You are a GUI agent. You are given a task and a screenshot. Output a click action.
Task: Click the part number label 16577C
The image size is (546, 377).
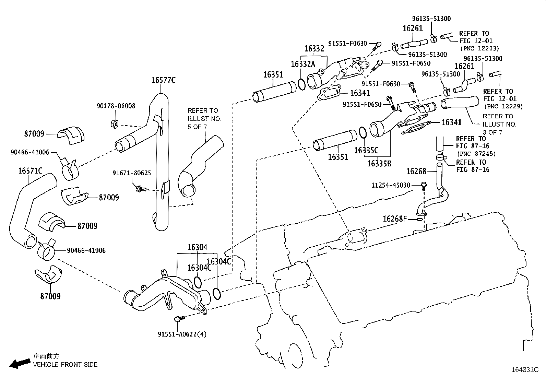click(x=163, y=80)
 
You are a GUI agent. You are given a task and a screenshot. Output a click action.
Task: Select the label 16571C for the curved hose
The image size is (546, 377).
click(x=30, y=170)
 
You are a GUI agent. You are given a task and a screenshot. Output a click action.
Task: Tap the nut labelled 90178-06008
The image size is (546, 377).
click(x=115, y=123)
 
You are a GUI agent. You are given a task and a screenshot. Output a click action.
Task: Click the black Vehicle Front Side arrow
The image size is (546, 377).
click(x=19, y=364)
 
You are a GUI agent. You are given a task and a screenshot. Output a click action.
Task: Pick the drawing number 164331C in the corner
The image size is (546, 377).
click(x=525, y=370)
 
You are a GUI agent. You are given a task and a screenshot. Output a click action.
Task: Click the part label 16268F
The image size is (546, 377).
click(x=394, y=219)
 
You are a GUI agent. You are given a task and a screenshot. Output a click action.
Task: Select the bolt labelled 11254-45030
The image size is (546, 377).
click(x=424, y=186)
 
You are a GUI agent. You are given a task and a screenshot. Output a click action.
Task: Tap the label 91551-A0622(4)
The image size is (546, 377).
click(x=182, y=334)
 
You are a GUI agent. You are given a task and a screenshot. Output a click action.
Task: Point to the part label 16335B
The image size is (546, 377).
click(x=379, y=164)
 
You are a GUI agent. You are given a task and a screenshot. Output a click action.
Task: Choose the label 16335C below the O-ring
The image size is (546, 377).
click(x=366, y=150)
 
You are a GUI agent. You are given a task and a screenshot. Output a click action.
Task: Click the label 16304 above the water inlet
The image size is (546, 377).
click(x=197, y=247)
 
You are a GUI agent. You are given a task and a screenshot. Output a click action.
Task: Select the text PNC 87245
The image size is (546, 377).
click(x=476, y=154)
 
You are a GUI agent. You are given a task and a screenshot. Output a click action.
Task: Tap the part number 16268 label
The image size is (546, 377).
click(x=416, y=171)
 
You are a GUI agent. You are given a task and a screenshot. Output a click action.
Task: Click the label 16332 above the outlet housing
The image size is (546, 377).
click(x=314, y=49)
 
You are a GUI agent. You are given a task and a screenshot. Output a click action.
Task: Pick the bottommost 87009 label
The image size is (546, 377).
click(x=50, y=296)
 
